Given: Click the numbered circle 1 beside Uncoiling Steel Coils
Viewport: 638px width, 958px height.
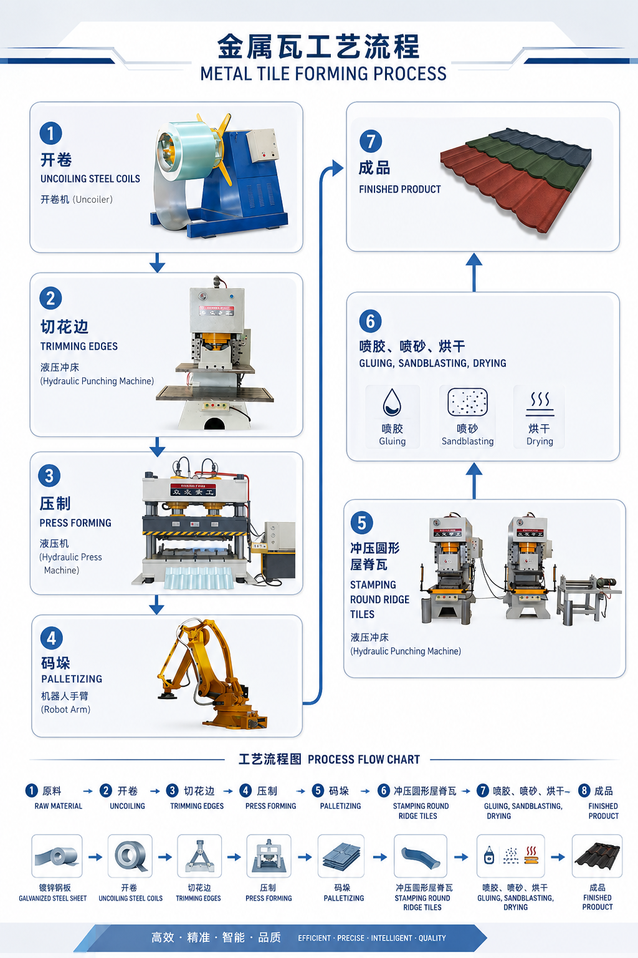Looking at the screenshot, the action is (x=51, y=133).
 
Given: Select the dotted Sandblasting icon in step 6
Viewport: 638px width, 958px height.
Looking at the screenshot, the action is (x=467, y=402).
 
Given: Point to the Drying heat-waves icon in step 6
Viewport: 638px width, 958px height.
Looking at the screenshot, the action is (x=540, y=404).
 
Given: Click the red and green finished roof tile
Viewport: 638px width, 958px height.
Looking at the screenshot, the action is (x=516, y=179).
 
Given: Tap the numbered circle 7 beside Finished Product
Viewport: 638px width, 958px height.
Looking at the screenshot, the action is (x=371, y=141).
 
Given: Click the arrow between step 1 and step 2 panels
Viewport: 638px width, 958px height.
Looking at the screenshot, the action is (x=157, y=263).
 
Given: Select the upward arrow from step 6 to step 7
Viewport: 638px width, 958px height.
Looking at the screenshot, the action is (x=474, y=273).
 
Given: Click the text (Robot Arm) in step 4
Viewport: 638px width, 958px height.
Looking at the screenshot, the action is (x=66, y=710).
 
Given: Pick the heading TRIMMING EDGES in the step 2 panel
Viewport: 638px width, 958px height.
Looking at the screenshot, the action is (x=79, y=346).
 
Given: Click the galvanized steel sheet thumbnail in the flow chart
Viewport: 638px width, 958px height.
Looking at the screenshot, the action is (x=57, y=856).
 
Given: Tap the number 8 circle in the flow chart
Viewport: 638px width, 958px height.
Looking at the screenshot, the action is (x=584, y=791).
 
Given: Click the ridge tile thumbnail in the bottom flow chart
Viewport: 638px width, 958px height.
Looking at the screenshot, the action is (x=421, y=856).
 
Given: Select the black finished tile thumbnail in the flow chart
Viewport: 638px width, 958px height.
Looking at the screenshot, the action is (x=597, y=856).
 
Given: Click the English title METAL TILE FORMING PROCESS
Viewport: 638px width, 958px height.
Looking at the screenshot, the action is (x=323, y=74).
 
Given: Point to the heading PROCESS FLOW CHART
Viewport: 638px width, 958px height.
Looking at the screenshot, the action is (x=364, y=760).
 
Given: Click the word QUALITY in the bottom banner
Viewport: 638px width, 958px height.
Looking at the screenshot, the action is (x=432, y=938).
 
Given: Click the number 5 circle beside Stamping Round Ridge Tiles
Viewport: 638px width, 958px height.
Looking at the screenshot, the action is (x=361, y=523).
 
